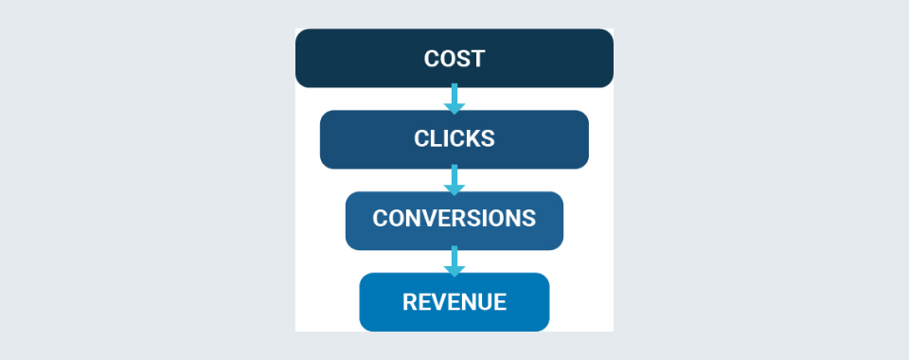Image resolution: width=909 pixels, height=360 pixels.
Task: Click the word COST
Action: pos(454,59)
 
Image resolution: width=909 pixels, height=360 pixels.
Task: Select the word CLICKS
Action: pos(454,138)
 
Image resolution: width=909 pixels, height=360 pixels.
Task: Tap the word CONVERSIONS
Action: pos(454,219)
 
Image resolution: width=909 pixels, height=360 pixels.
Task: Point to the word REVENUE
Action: pos(454,302)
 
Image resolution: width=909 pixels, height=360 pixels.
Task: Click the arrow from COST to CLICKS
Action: pos(454,99)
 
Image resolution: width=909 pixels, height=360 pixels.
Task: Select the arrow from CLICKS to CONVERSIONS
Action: pos(454,180)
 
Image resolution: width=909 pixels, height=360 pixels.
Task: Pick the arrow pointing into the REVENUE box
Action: pos(454,261)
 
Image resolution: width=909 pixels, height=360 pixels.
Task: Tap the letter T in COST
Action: pos(477,59)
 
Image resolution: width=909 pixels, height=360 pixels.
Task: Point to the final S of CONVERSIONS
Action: pos(528,219)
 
